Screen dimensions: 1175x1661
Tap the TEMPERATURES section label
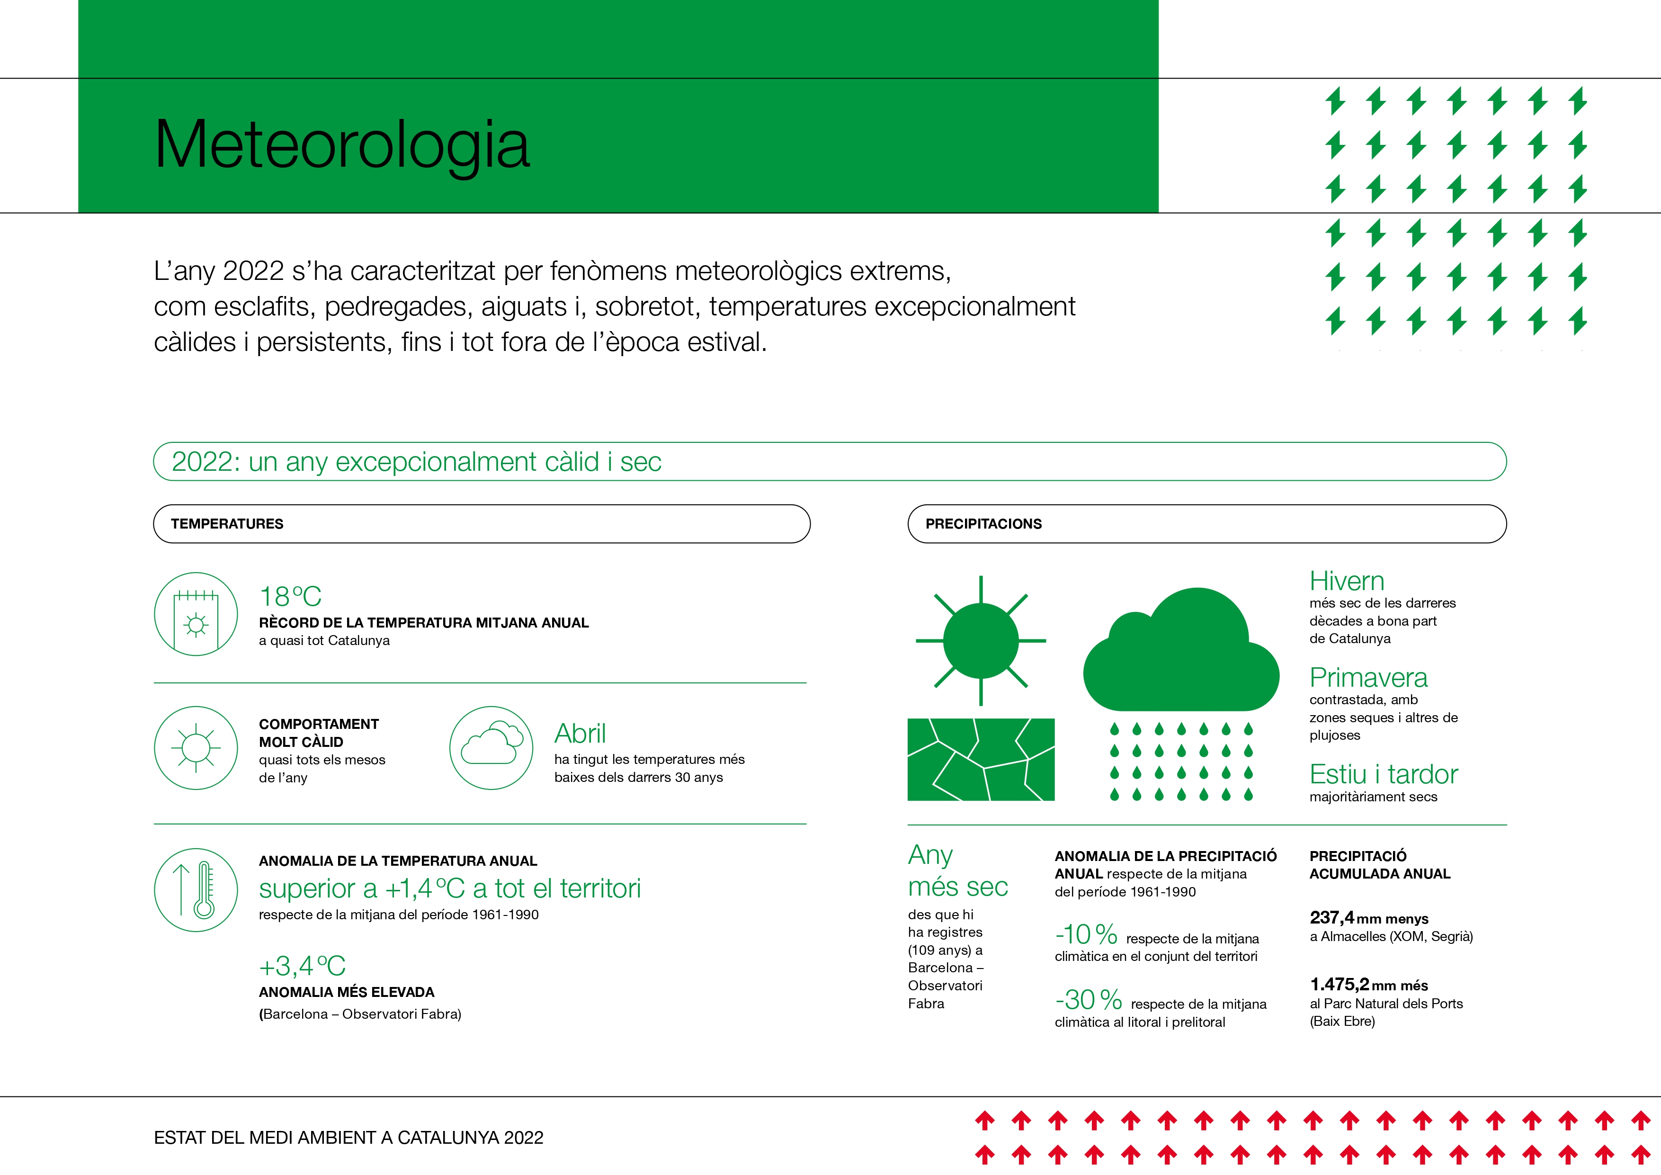pos(227,524)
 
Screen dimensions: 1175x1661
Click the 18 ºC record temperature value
pos(290,597)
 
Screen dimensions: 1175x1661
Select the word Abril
pos(580,734)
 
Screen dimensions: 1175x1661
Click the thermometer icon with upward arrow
pos(196,889)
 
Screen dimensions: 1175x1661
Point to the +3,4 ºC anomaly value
pos(303,966)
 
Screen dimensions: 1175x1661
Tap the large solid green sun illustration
pos(981,641)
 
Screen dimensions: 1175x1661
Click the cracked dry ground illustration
pos(981,759)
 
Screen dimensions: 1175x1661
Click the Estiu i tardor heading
pos(1383,775)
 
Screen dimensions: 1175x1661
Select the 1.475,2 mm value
pos(1340,984)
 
